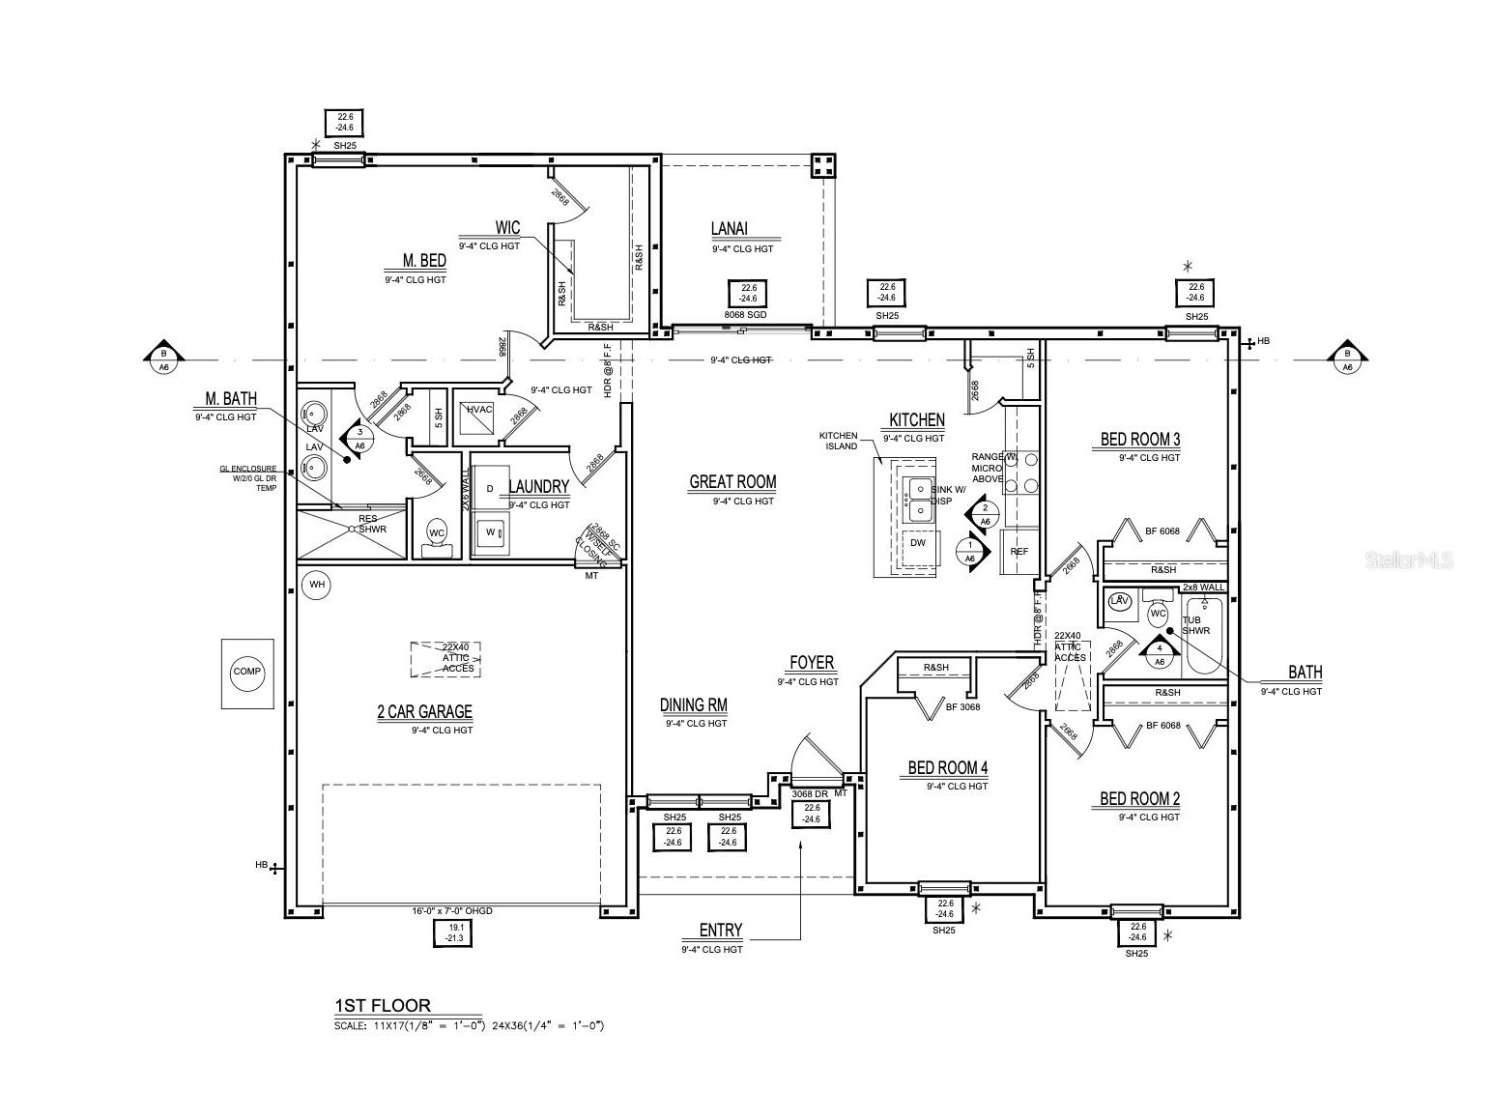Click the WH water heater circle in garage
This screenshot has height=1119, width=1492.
click(x=315, y=585)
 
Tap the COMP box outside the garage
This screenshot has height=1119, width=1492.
click(x=246, y=672)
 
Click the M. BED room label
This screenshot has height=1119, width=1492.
click(x=424, y=260)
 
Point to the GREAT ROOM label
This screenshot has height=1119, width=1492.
click(x=732, y=482)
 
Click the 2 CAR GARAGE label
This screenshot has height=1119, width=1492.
click(x=424, y=712)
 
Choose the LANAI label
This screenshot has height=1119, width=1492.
click(x=730, y=229)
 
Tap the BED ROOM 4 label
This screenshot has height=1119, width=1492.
click(x=947, y=768)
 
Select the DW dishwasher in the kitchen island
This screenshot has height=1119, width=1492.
click(x=917, y=543)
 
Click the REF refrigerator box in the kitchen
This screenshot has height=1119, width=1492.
click(x=1019, y=552)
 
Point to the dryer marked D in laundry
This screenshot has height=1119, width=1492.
click(x=490, y=489)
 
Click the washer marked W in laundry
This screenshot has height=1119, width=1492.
click(x=490, y=532)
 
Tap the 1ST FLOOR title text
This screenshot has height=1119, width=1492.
click(x=383, y=1005)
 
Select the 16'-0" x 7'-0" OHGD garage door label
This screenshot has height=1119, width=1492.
click(x=452, y=911)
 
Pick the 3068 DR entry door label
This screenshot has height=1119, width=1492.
click(x=810, y=793)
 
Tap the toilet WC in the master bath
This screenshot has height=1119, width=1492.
click(x=437, y=534)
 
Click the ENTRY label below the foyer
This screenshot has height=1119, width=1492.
click(x=720, y=931)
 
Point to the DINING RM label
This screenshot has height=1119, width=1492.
click(x=693, y=705)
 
